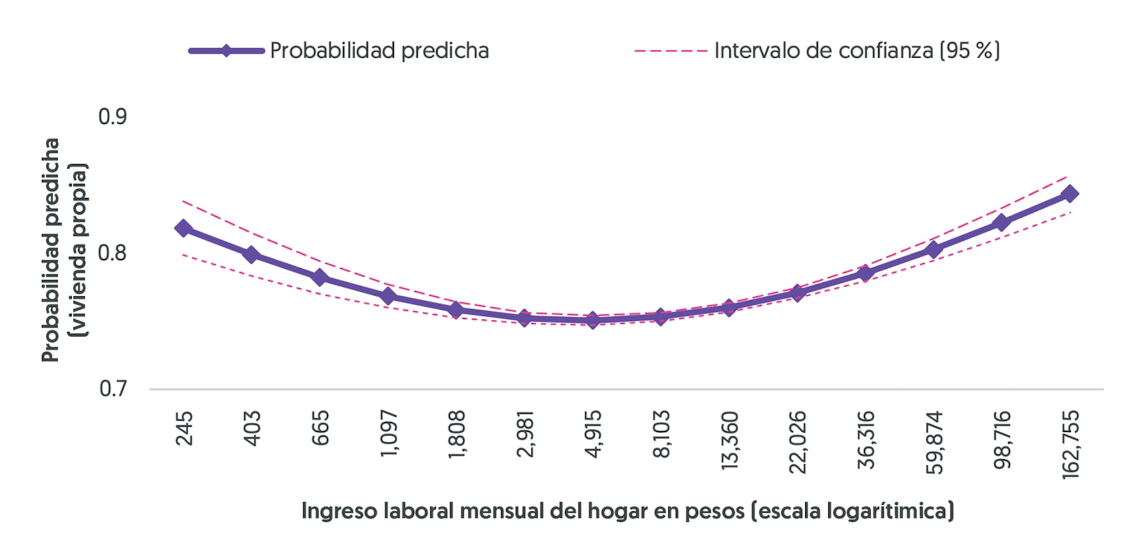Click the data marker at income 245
(183, 228)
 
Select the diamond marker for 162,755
(1070, 194)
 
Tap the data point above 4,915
(593, 320)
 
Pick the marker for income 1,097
(388, 296)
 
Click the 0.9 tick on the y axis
(113, 117)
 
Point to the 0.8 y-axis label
(113, 253)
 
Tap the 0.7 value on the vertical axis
(113, 389)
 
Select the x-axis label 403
(253, 428)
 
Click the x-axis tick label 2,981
(525, 434)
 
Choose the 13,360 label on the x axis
(729, 440)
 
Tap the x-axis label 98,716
(1002, 440)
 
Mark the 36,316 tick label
(866, 440)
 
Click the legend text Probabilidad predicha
(379, 51)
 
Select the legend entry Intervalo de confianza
(856, 51)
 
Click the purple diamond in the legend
(226, 51)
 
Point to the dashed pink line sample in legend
(670, 51)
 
